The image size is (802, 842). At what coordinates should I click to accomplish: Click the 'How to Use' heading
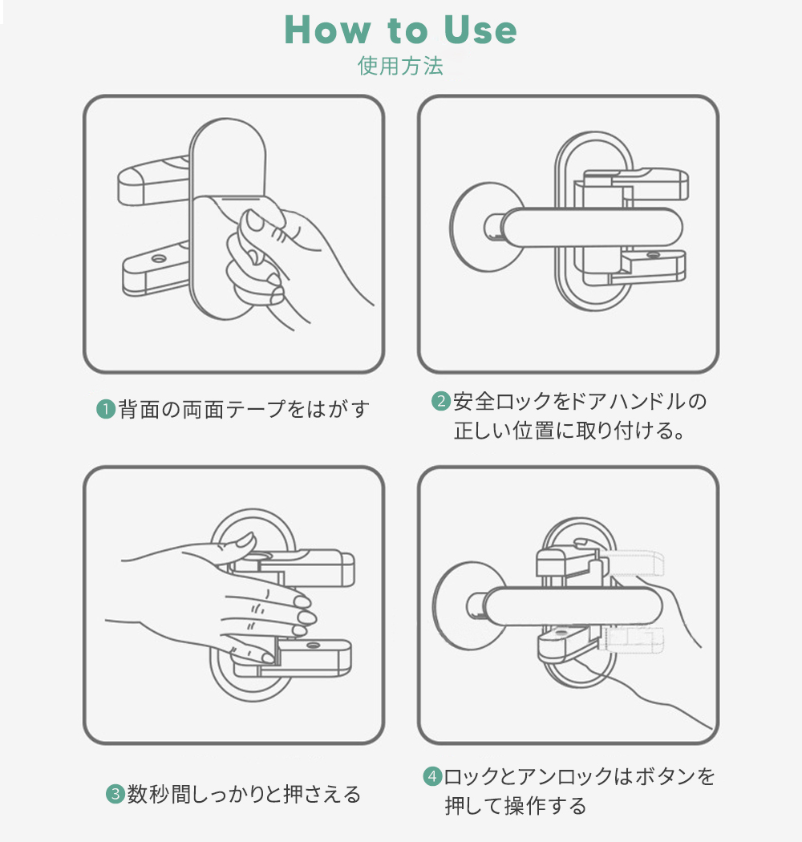coord(401,30)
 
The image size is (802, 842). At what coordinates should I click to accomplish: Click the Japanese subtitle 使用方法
coord(400,66)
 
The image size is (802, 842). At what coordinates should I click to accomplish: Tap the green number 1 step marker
coord(105,409)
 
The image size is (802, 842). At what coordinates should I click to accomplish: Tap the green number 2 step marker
coord(441,401)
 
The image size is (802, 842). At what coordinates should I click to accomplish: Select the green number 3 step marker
coord(115,795)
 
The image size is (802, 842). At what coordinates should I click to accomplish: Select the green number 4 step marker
coord(432,776)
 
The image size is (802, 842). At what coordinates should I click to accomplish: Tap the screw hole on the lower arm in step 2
coord(650,256)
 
